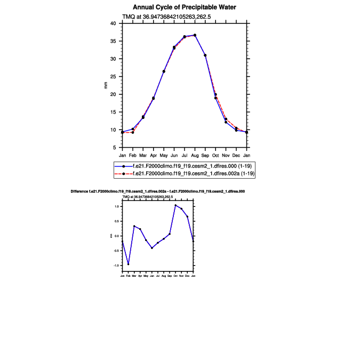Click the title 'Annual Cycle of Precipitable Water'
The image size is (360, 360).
tap(185, 7)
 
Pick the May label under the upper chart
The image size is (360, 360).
tap(164, 155)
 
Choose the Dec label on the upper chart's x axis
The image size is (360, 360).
tap(236, 155)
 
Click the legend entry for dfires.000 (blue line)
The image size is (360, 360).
tap(185, 166)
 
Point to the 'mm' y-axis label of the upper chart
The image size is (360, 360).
tap(105, 85)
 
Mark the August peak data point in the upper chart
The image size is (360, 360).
tap(195, 35)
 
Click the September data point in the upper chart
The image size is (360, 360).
tap(205, 55)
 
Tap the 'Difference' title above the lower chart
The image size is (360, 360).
tap(157, 191)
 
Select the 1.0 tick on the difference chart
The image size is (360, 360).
tap(117, 206)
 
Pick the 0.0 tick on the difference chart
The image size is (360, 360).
tap(117, 236)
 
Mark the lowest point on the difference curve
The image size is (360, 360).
tap(128, 264)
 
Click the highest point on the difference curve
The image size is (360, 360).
tap(175, 205)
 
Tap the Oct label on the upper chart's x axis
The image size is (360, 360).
tap(215, 155)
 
